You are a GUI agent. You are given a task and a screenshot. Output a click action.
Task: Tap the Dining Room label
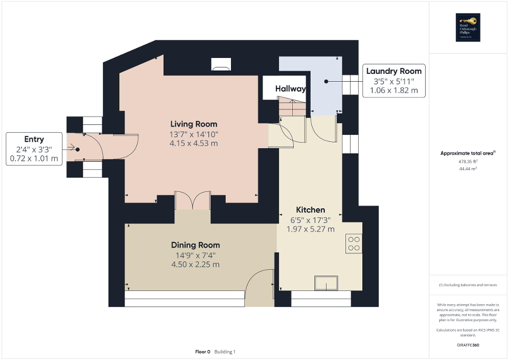(195, 245)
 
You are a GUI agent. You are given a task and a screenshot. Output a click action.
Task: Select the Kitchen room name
(310, 210)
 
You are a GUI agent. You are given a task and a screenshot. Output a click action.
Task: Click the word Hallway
(290, 89)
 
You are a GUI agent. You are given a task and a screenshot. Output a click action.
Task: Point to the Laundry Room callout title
(394, 71)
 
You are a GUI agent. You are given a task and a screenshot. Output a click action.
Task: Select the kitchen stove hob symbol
(353, 244)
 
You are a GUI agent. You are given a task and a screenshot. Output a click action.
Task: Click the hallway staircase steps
(292, 107)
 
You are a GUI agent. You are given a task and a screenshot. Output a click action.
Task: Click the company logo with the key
(468, 27)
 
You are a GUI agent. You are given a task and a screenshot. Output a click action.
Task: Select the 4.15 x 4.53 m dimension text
(191, 143)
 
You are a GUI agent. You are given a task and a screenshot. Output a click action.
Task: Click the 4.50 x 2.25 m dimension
(195, 265)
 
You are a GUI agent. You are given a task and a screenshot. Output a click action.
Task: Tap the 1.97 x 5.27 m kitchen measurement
(310, 229)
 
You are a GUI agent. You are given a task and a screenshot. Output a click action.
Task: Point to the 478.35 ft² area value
(468, 162)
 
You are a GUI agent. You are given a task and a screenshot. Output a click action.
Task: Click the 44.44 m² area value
(468, 169)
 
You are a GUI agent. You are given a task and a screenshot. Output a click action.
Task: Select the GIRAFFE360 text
(468, 345)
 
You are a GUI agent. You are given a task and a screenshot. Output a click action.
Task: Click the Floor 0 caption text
(203, 352)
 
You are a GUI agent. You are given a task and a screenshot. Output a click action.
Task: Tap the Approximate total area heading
(468, 153)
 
